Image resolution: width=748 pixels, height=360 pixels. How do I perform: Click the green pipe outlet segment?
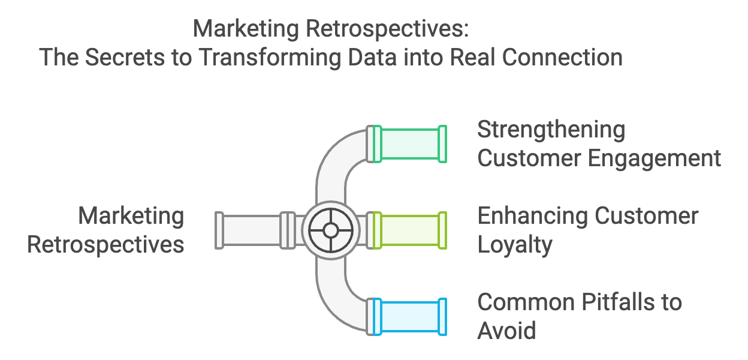[410, 144]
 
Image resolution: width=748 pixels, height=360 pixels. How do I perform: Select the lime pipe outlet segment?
[410, 230]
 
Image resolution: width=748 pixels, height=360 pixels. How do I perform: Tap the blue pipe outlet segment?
[410, 317]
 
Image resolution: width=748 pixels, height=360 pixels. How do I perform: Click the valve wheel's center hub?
[331, 230]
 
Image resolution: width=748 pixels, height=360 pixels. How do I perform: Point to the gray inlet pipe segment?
[255, 230]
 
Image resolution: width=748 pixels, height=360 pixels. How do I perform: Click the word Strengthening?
[551, 130]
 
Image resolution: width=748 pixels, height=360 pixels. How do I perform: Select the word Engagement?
[654, 159]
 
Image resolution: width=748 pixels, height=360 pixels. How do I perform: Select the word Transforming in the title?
[270, 58]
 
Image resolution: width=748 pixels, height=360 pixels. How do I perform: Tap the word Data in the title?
[372, 57]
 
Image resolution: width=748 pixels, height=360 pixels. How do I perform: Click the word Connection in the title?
[562, 57]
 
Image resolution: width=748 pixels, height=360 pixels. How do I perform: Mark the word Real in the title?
[472, 57]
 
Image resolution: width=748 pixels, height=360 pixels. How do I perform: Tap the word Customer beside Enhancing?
[647, 216]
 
